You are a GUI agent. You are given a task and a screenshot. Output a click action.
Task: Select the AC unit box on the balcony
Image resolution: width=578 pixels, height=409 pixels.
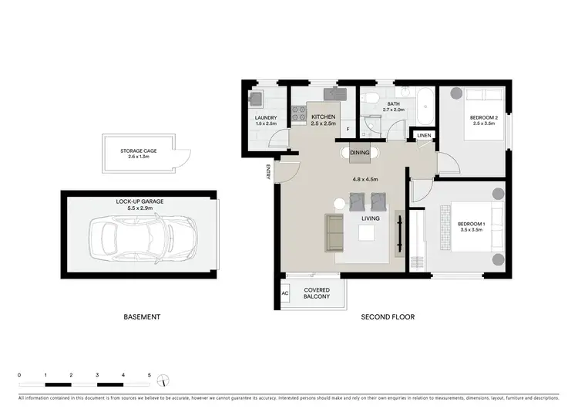pos(285,293)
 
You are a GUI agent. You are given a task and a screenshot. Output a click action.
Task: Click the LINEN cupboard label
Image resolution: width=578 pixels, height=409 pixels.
pos(424,136)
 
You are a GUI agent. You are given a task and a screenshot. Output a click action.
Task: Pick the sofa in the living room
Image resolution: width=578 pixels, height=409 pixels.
pos(334,233)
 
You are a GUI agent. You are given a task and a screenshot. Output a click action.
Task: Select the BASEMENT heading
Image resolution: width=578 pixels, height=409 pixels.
pos(142,317)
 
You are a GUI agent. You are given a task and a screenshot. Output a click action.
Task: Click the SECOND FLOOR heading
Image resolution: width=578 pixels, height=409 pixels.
pos(388,317)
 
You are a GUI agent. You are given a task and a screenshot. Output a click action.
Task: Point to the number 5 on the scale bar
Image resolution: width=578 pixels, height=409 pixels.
pos(149,374)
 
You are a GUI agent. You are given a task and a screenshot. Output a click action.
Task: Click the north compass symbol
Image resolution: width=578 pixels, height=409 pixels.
pos(163,380)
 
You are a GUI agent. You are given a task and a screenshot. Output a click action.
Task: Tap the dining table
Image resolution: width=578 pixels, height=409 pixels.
pos(360,153)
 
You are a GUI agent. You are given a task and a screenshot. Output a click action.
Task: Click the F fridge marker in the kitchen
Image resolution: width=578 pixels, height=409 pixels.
pos(348,129)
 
